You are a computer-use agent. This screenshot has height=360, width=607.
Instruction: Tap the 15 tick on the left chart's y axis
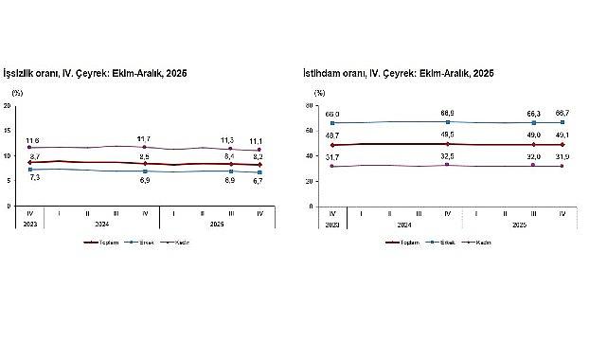point(8,130)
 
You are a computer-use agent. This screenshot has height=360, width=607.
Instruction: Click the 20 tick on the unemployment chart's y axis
point(8,105)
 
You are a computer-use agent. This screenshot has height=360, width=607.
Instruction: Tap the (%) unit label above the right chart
point(319,93)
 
